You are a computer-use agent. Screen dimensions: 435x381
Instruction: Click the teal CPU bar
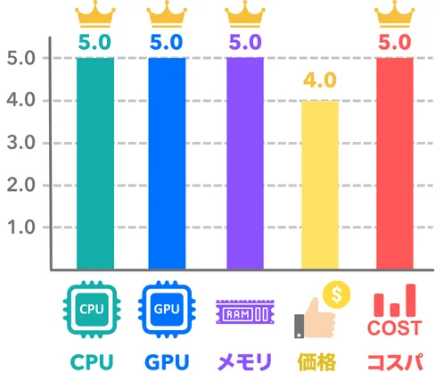95,163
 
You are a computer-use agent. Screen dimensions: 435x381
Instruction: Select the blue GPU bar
167,163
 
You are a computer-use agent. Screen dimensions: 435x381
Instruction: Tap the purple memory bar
245,163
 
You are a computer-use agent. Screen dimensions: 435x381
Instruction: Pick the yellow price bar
320,185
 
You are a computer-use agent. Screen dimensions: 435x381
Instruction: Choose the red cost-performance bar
395,163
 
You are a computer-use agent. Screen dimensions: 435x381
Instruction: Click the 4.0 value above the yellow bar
320,80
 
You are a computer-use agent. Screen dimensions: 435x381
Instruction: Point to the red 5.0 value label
395,42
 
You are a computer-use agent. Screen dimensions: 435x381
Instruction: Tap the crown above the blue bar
167,14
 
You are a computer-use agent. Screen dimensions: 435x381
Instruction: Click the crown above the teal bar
95,14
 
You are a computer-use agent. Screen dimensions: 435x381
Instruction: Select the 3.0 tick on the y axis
21,143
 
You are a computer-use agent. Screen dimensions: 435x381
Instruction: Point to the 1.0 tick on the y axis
21,228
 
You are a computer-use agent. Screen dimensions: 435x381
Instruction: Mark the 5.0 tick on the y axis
21,58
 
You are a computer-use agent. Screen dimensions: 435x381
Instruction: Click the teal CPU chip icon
92,310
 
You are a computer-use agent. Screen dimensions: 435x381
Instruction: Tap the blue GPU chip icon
167,310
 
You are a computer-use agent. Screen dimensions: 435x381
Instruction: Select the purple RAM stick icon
245,311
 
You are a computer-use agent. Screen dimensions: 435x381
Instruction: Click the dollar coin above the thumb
337,294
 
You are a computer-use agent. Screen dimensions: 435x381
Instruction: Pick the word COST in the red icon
395,328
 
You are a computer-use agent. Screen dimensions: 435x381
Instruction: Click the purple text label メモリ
245,362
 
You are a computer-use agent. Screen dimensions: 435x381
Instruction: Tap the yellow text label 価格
316,362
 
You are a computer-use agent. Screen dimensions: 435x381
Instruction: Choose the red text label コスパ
395,362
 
